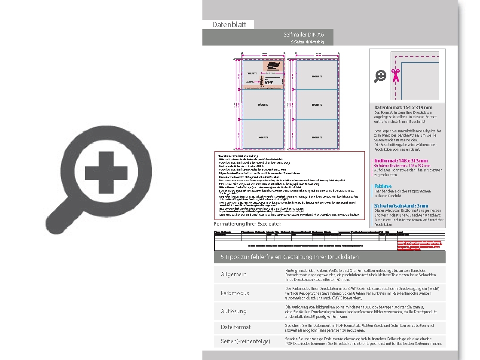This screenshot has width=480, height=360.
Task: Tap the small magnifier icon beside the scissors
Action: pyautogui.click(x=380, y=76)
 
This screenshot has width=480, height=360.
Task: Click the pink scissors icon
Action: pyautogui.click(x=395, y=75)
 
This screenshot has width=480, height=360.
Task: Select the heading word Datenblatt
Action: pyautogui.click(x=229, y=25)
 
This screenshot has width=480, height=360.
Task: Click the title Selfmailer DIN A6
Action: pyautogui.click(x=304, y=34)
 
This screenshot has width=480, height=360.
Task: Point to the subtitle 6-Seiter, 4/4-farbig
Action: pyautogui.click(x=307, y=42)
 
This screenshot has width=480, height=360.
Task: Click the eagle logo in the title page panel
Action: pyautogui.click(x=272, y=66)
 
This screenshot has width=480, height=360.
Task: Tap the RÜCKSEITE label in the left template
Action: pyautogui.click(x=263, y=104)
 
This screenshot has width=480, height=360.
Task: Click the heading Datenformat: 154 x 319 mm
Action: pyautogui.click(x=403, y=107)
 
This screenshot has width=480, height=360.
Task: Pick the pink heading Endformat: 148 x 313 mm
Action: pyautogui.click(x=401, y=161)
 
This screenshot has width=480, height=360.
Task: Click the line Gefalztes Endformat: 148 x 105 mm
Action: pyautogui.click(x=402, y=165)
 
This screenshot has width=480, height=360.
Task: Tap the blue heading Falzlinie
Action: pyautogui.click(x=383, y=186)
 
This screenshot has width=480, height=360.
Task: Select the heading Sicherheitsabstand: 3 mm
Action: pyautogui.click(x=401, y=206)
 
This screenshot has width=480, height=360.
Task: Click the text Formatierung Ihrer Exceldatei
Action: pyautogui.click(x=248, y=224)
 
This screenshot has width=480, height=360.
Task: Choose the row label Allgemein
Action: pyautogui.click(x=234, y=275)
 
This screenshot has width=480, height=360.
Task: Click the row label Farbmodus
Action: pyautogui.click(x=235, y=293)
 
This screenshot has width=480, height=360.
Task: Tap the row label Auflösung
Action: pyautogui.click(x=234, y=311)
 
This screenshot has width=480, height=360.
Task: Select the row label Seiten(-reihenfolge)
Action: pyautogui.click(x=245, y=342)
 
